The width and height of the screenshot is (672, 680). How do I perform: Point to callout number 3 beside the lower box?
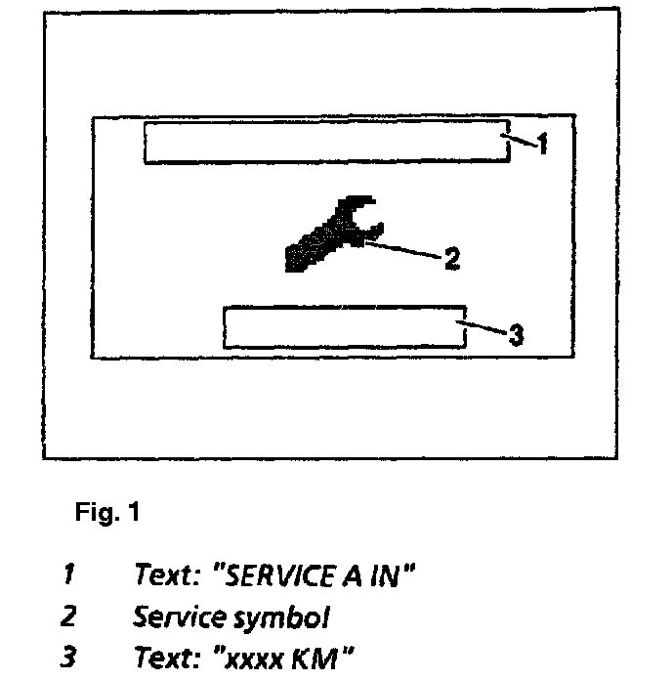pyautogui.click(x=517, y=335)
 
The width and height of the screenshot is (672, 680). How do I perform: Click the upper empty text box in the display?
pyautogui.click(x=326, y=143)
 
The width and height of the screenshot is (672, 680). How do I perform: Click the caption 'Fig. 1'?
pyautogui.click(x=107, y=514)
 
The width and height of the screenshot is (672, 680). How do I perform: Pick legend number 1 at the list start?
pyautogui.click(x=67, y=576)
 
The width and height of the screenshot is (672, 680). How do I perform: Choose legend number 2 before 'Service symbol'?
pyautogui.click(x=67, y=617)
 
